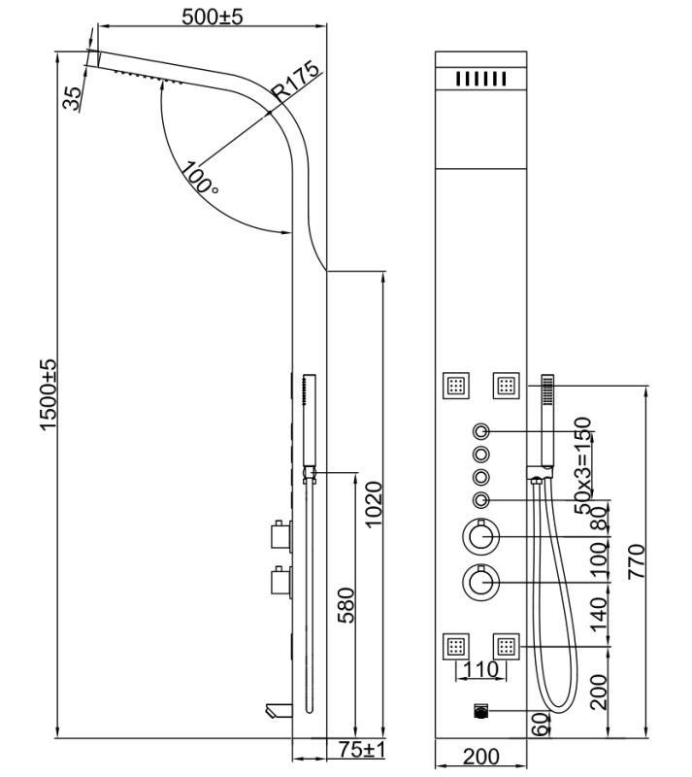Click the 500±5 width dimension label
(212, 17)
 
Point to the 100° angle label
(199, 178)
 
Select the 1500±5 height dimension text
(49, 394)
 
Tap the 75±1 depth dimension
(365, 750)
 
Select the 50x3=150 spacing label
(582, 466)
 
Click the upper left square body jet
(456, 385)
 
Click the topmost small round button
(481, 431)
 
